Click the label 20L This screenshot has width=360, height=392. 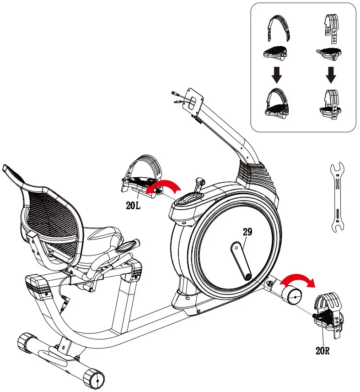(x=133, y=206)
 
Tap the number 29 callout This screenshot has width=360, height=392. (x=247, y=232)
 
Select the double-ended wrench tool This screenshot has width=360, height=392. (x=338, y=197)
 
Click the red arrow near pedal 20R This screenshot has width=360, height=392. (x=298, y=279)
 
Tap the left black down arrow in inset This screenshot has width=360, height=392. (x=276, y=74)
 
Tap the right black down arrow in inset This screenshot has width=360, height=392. (x=331, y=74)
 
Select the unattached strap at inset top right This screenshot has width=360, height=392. (x=330, y=30)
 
